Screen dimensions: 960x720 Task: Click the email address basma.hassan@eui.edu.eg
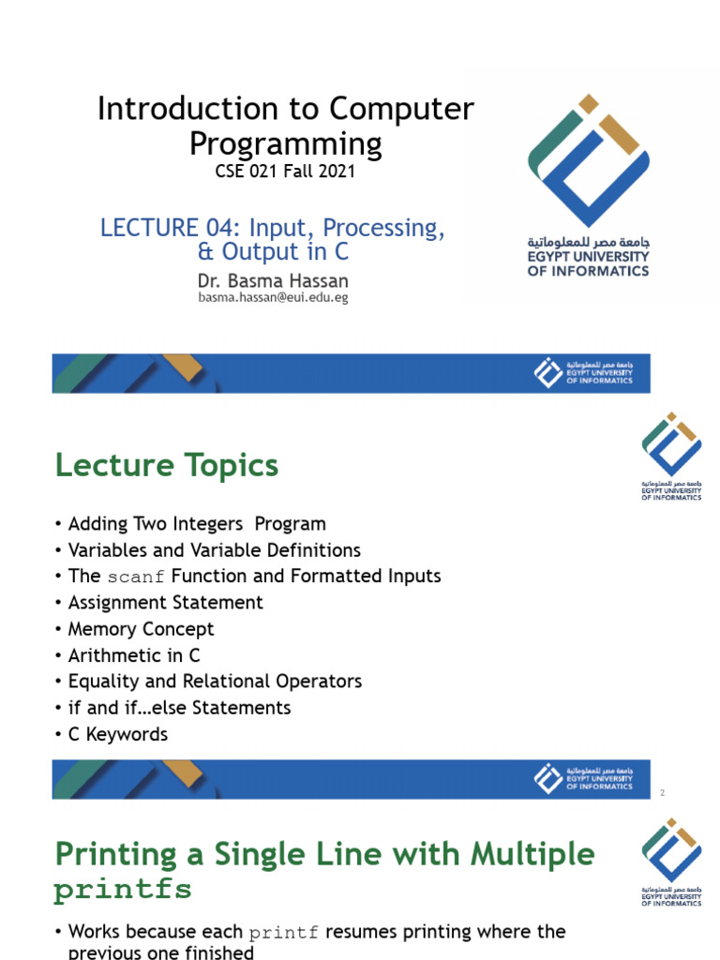[x=273, y=297]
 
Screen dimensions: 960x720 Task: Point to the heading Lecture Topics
[x=167, y=465]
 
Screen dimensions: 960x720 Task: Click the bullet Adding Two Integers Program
[x=197, y=524]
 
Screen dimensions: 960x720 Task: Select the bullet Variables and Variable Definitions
[x=214, y=550]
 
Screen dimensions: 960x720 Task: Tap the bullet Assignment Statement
[x=165, y=603]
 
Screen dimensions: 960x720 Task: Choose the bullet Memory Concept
[x=141, y=629]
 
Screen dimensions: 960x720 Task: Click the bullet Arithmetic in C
[x=134, y=655]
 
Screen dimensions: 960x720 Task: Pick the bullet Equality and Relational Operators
[x=215, y=682]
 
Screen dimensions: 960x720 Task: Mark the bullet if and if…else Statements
[x=179, y=708]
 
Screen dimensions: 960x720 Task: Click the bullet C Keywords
[x=118, y=734]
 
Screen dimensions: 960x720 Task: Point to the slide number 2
[x=662, y=793]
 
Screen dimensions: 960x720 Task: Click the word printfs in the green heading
[x=123, y=891]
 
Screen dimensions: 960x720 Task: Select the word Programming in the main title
[x=286, y=143]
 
